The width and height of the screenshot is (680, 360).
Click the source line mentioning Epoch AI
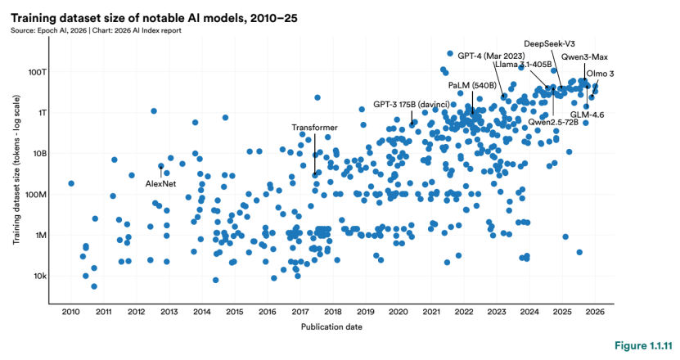pyautogui.click(x=96, y=30)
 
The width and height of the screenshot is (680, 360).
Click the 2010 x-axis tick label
pyautogui.click(x=70, y=312)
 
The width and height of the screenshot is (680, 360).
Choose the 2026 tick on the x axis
pyautogui.click(x=595, y=312)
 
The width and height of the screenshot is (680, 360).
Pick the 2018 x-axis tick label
pyautogui.click(x=333, y=312)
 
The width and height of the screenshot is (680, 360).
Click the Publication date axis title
pyautogui.click(x=331, y=327)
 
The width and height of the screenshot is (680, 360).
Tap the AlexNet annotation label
pyautogui.click(x=161, y=184)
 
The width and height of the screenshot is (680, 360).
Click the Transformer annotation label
pyautogui.click(x=314, y=127)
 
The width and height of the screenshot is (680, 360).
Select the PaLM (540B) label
pyautogui.click(x=471, y=85)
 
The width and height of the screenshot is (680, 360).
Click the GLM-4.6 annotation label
pyautogui.click(x=587, y=115)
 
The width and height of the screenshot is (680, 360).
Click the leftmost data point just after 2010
pyautogui.click(x=71, y=183)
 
